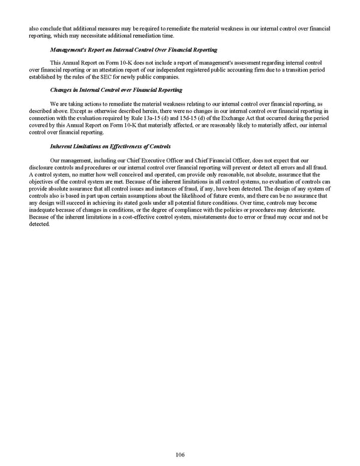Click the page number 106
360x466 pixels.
(181, 455)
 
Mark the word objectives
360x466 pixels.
(41, 181)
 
